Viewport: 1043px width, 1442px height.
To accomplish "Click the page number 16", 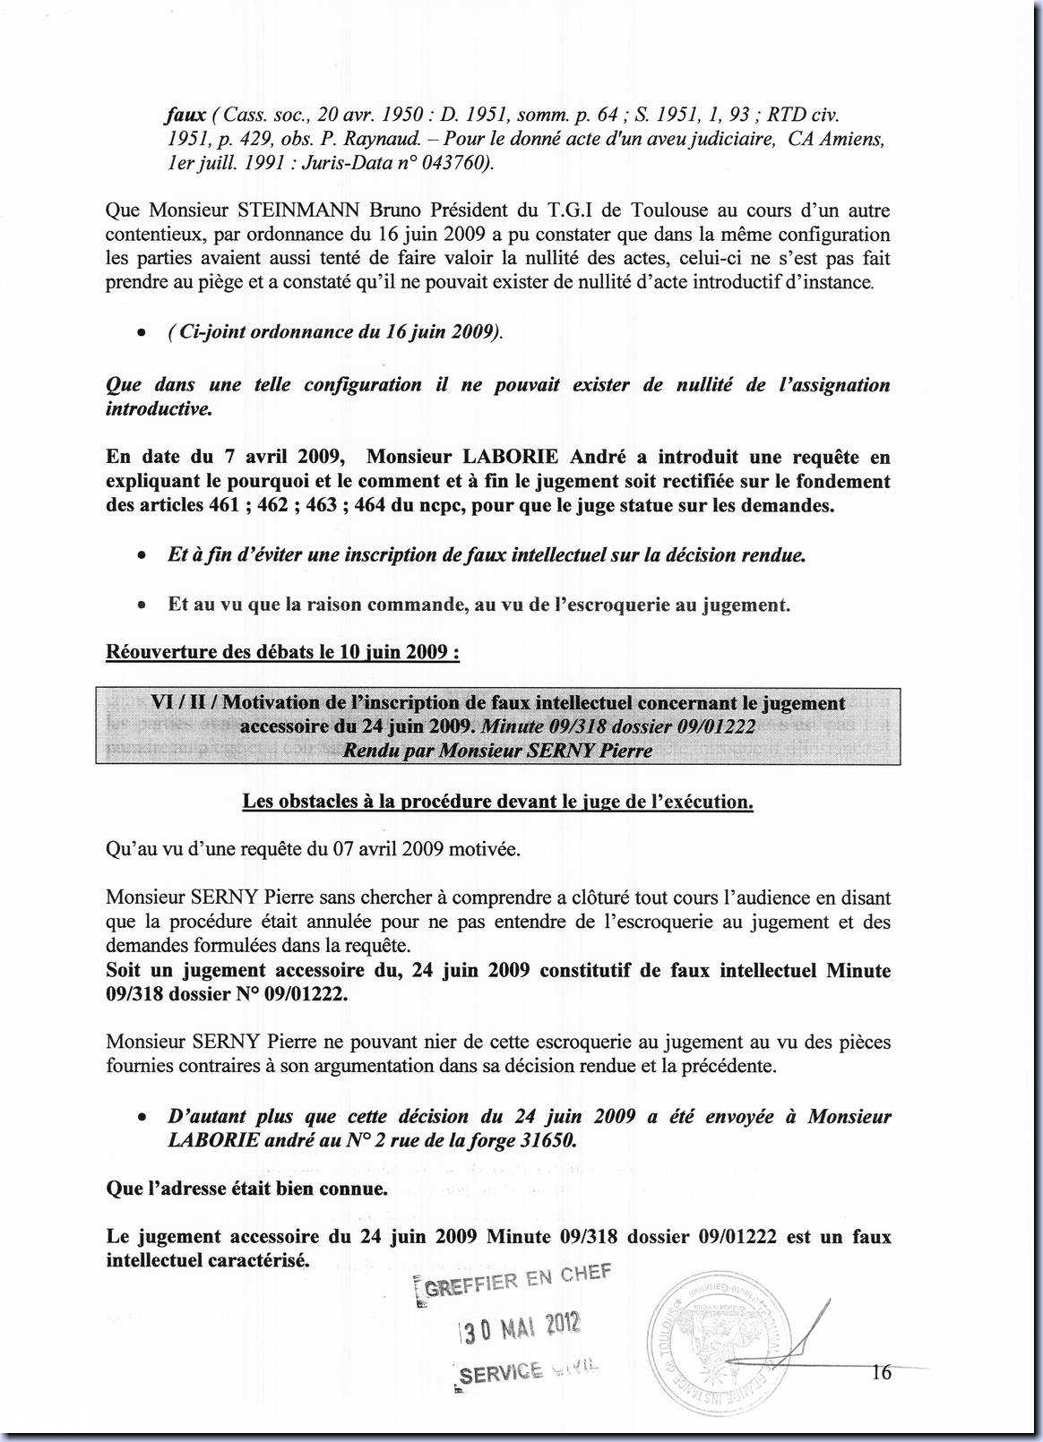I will (x=881, y=1372).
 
